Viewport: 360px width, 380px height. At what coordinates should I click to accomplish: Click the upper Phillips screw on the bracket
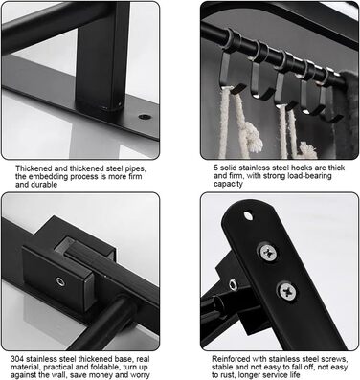click(x=268, y=253)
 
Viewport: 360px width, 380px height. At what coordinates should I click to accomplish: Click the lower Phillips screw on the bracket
click(x=287, y=291)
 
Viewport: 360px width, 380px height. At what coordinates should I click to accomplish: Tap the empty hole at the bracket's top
click(x=248, y=215)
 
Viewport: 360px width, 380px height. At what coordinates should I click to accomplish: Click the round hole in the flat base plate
click(x=145, y=117)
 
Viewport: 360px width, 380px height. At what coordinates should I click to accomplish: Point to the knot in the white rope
click(x=253, y=138)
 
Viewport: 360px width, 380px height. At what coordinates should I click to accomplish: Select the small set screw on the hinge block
click(x=60, y=281)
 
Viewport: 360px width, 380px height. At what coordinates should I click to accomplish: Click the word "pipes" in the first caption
click(x=134, y=168)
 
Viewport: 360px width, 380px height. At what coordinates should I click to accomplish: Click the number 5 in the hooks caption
click(x=216, y=168)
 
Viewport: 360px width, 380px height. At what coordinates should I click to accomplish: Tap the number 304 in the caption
click(x=16, y=359)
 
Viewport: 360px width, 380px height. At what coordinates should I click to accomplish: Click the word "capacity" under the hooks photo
click(x=228, y=184)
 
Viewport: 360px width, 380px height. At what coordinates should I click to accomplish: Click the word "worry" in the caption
click(x=139, y=375)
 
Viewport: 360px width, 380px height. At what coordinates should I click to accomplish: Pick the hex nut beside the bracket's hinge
click(x=233, y=283)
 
